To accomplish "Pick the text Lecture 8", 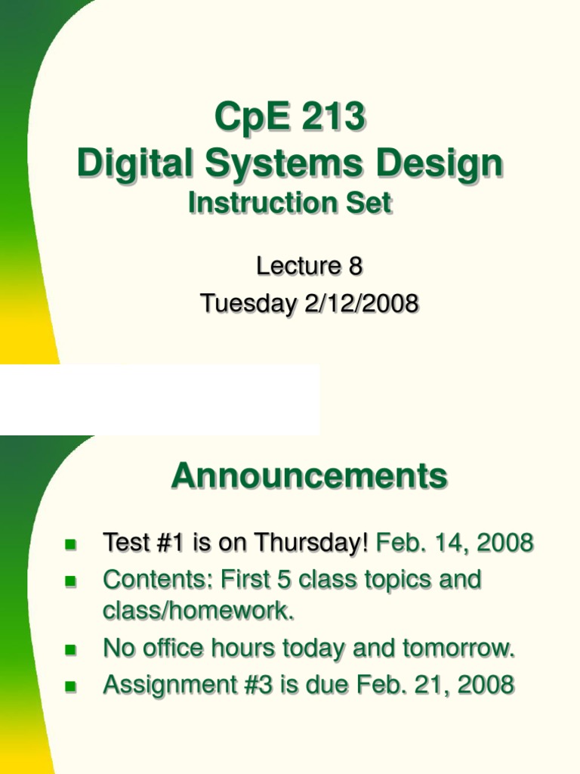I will pos(309,266).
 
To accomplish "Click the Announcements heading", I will pos(309,476).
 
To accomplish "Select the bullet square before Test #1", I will pos(72,543).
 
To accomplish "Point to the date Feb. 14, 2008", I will pos(455,542).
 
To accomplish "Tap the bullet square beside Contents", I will pos(72,581).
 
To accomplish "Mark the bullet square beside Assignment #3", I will pos(72,686).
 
